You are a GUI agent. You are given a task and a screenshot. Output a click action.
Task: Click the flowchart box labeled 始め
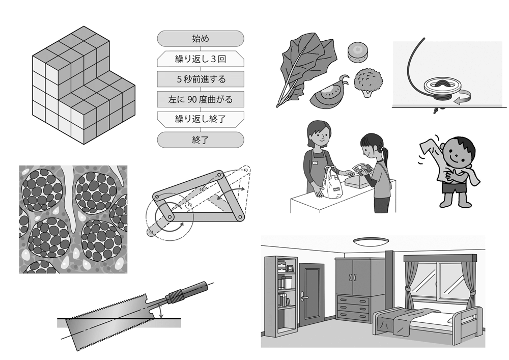[200, 39]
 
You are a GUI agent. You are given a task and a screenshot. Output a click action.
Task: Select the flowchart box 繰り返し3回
[200, 59]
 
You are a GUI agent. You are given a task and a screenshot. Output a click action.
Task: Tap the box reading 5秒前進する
[200, 79]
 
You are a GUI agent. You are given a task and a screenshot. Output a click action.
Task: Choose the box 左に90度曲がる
[200, 99]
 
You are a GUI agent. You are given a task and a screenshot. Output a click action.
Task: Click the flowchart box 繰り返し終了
[200, 120]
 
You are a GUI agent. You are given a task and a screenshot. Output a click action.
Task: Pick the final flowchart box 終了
[200, 140]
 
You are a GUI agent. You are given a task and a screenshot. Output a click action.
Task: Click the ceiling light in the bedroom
[371, 241]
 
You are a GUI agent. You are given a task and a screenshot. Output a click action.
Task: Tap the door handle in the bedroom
[304, 297]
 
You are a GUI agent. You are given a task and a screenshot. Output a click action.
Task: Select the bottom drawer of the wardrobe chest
[353, 315]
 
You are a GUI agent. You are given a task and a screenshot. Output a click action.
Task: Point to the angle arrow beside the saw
[160, 312]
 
